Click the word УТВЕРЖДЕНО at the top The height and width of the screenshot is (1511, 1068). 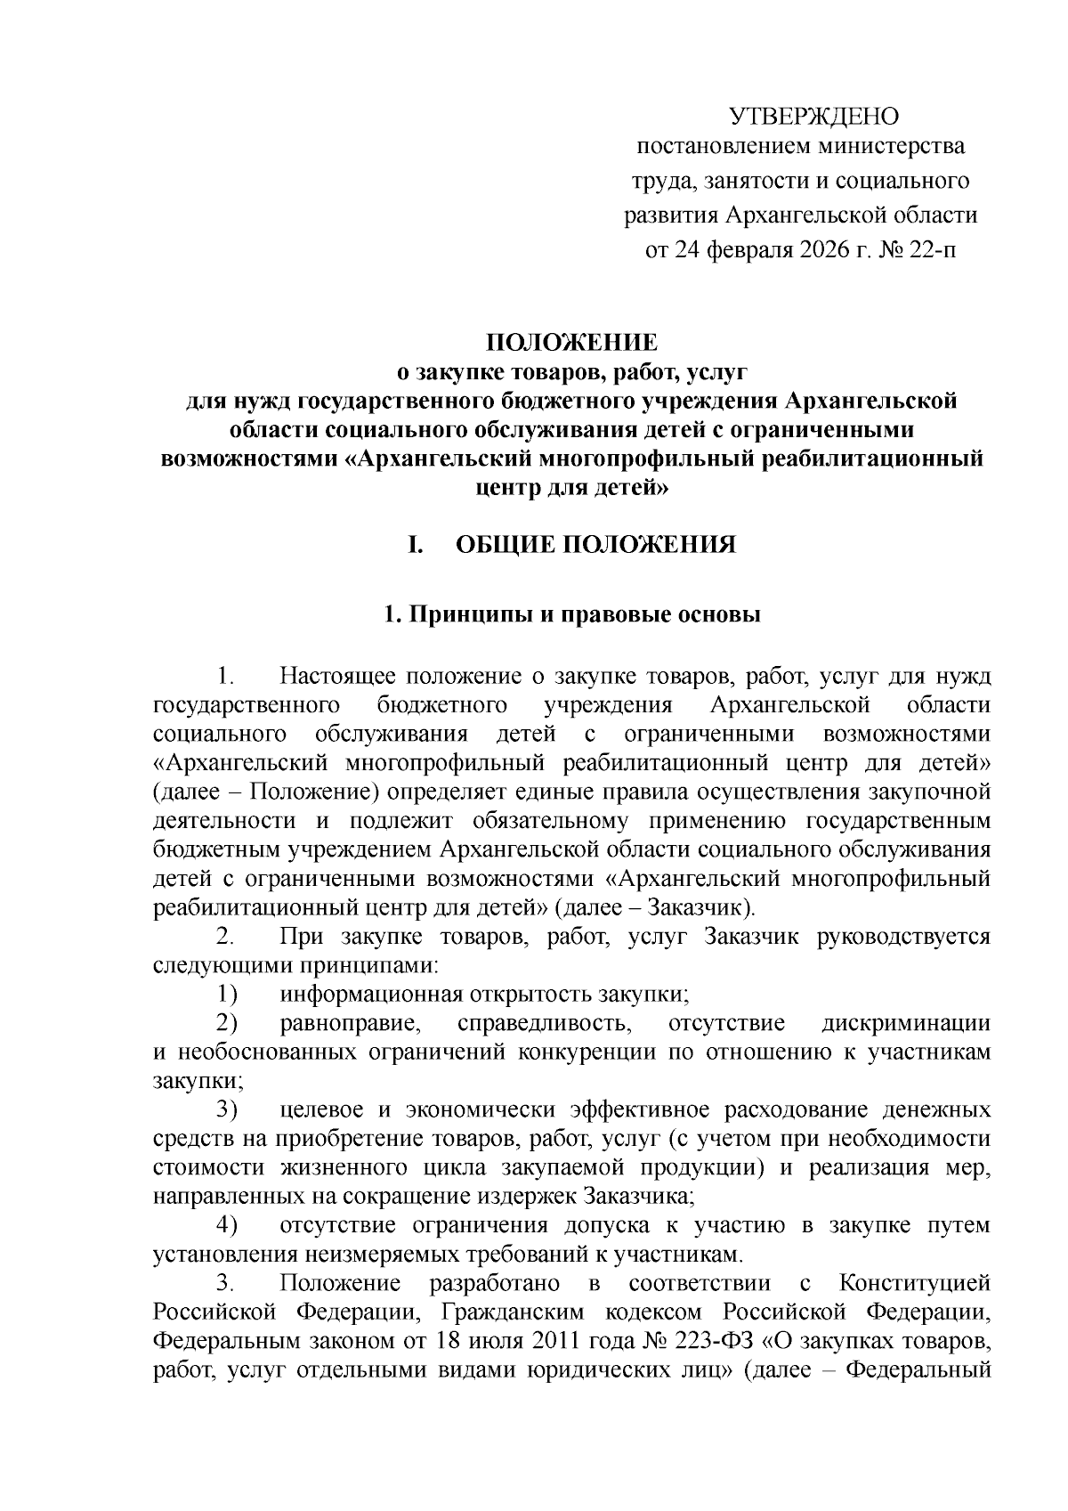click(814, 117)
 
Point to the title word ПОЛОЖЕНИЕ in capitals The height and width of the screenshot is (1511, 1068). click(570, 343)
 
